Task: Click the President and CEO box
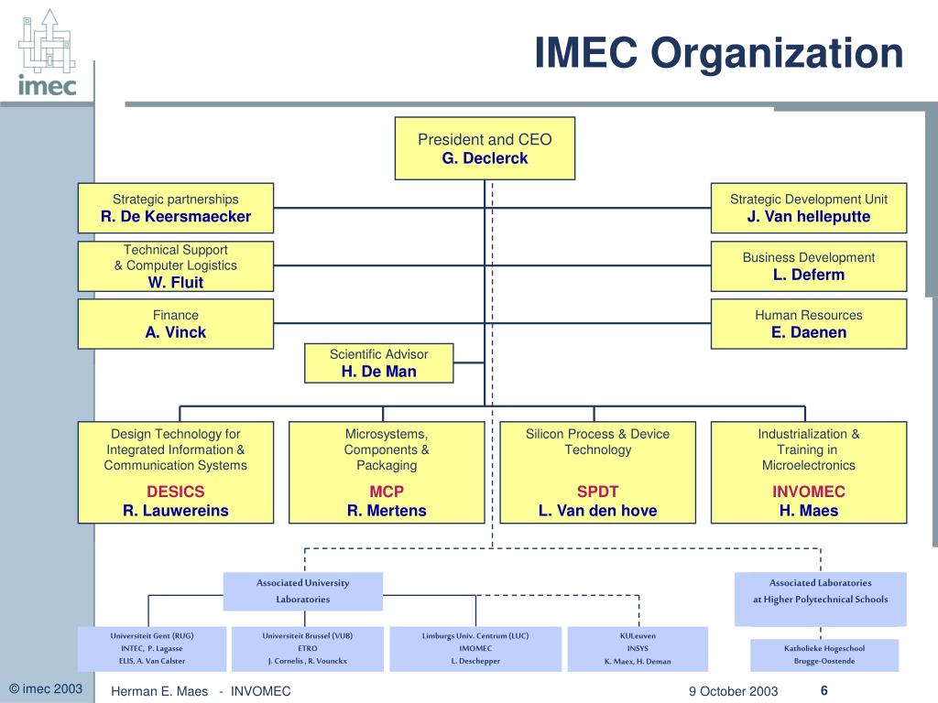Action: (x=485, y=148)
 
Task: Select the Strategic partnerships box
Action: (x=176, y=208)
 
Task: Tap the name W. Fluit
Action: (x=176, y=283)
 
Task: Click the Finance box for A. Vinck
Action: (x=176, y=324)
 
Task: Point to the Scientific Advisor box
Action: (x=378, y=362)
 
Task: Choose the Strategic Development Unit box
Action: (x=809, y=208)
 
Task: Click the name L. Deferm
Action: (x=809, y=275)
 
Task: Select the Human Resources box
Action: (x=809, y=324)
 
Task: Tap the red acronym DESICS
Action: (x=176, y=492)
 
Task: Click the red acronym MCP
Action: (x=387, y=492)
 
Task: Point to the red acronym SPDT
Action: (x=597, y=492)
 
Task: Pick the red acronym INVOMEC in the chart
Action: (x=809, y=492)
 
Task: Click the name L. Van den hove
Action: (x=597, y=511)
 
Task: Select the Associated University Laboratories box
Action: (x=303, y=591)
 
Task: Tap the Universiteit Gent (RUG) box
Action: (x=152, y=647)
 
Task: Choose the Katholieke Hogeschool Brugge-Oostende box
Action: (x=824, y=654)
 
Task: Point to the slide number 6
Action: (x=823, y=690)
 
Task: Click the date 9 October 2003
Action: (x=734, y=691)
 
